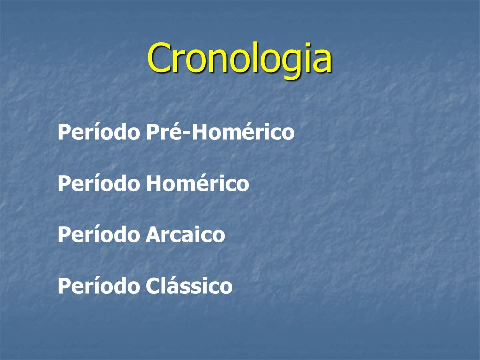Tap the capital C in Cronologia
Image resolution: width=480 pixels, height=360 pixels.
click(x=159, y=58)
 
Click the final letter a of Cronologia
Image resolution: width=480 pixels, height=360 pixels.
click(x=322, y=62)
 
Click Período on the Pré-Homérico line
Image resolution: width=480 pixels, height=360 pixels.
click(x=99, y=132)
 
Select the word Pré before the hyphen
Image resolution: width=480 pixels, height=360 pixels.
click(x=166, y=132)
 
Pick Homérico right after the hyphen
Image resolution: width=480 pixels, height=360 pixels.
click(x=243, y=132)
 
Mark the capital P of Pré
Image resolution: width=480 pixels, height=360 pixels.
click(x=153, y=132)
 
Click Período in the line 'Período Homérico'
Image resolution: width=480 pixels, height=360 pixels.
click(x=99, y=183)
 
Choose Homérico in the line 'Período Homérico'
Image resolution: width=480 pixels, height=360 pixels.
click(x=198, y=183)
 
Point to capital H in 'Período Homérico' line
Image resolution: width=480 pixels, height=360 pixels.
click(x=154, y=183)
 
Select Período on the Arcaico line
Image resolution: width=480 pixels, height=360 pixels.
click(x=99, y=235)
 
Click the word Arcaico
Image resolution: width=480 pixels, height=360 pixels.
click(x=185, y=235)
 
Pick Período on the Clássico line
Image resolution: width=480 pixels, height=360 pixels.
click(x=99, y=286)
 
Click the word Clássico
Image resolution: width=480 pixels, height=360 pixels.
click(x=189, y=286)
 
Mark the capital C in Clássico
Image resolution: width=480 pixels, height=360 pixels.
click(x=153, y=286)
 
